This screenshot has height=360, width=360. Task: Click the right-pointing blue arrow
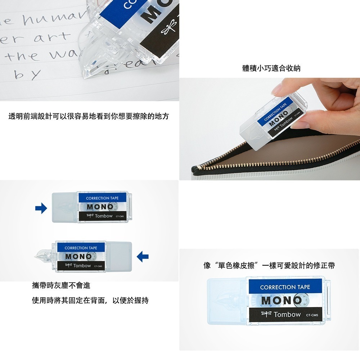tap(41, 208)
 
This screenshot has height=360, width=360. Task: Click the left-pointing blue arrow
tap(143, 256)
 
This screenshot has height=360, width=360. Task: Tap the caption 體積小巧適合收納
tap(271, 68)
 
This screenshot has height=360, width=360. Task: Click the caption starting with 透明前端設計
tap(89, 116)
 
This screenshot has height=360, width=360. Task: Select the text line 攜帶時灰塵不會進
tap(61, 285)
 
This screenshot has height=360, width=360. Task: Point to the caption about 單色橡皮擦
tap(269, 266)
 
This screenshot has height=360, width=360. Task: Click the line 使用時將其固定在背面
tap(90, 300)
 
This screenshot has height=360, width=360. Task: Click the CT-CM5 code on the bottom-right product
tap(312, 315)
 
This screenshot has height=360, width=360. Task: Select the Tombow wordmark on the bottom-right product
tap(287, 315)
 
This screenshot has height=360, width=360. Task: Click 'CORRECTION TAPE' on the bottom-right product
tap(285, 287)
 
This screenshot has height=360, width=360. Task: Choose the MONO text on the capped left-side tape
tap(99, 207)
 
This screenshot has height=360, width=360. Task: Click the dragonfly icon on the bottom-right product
tap(266, 314)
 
